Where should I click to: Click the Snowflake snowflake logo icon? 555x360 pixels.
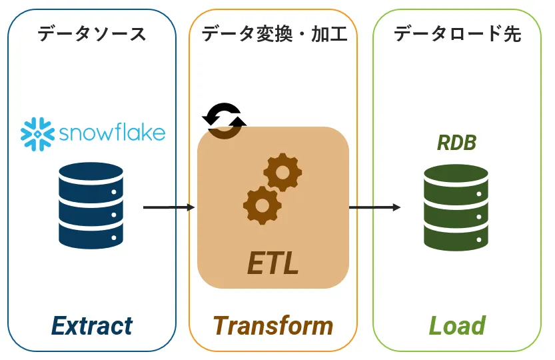[37, 133]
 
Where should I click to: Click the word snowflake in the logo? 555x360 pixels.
[112, 132]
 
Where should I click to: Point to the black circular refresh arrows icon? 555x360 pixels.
[225, 120]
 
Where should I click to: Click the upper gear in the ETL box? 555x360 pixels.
[282, 172]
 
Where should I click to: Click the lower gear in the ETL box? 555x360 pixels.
[261, 204]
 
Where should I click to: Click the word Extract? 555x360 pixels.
[92, 325]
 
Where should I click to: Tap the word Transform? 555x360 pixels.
[273, 325]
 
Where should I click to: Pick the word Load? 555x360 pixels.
[456, 325]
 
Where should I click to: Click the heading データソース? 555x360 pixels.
[91, 34]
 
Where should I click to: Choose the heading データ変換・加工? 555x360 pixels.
[274, 34]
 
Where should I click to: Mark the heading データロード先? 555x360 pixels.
[457, 34]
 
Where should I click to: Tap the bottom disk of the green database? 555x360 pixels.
[456, 237]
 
